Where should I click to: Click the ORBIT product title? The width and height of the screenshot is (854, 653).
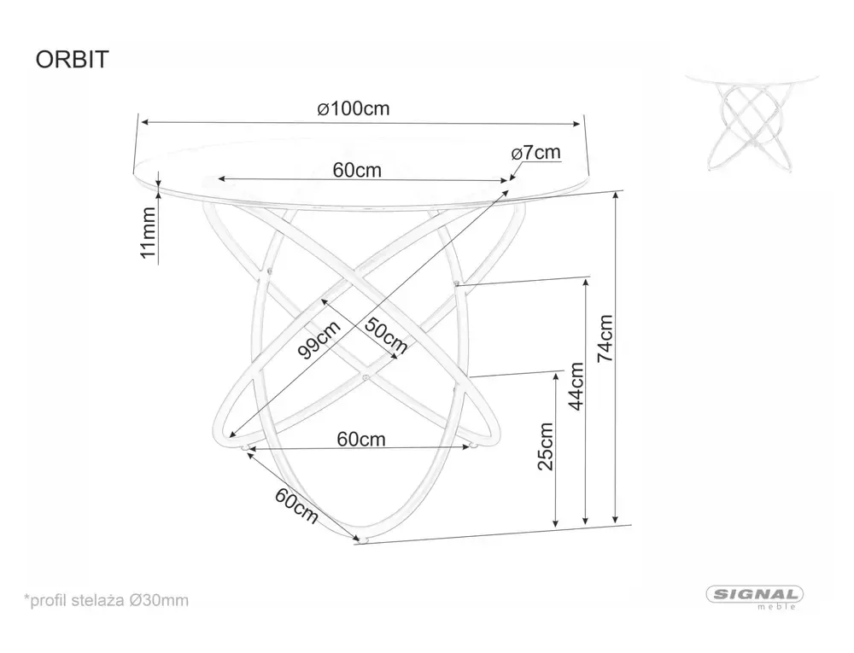[71, 60]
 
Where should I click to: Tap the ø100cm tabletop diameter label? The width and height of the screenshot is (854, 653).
[353, 109]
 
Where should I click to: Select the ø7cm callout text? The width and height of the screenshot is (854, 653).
[536, 153]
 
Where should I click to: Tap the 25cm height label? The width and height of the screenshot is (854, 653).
[547, 445]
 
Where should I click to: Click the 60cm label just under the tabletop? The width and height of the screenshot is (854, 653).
[357, 170]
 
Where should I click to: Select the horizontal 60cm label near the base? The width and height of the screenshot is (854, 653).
[360, 440]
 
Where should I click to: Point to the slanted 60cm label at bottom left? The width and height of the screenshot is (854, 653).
[295, 505]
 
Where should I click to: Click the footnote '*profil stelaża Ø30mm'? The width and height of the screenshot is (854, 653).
[106, 599]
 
